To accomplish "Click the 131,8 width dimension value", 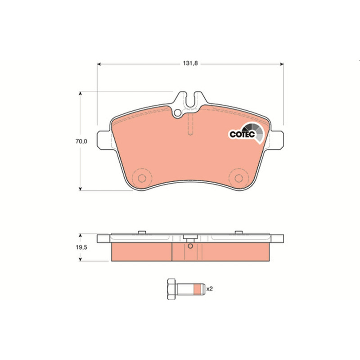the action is click(x=190, y=63).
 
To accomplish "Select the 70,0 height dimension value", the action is click(x=81, y=141).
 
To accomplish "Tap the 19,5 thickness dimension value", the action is click(x=81, y=247).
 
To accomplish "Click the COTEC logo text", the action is click(x=242, y=134).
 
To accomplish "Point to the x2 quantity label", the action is click(x=209, y=289).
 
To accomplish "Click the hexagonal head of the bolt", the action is click(x=171, y=289).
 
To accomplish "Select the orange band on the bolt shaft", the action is click(x=198, y=289).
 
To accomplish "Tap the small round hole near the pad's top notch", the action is click(x=177, y=113).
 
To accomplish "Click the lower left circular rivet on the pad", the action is click(x=142, y=178).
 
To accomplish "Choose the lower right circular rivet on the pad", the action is click(x=239, y=178).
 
